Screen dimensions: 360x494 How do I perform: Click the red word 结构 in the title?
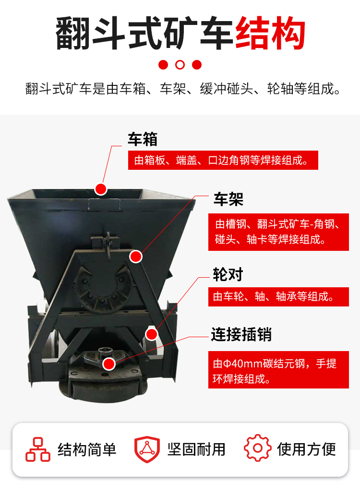[270, 34]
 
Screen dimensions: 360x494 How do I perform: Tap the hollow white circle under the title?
[180, 65]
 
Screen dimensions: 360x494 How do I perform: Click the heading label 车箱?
[143, 139]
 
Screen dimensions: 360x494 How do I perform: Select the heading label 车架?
[228, 199]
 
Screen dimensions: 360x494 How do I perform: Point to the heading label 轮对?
[228, 274]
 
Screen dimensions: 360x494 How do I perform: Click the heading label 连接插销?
[241, 334]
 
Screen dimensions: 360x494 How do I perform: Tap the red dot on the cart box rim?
[101, 189]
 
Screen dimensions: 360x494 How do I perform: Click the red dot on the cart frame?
[136, 257]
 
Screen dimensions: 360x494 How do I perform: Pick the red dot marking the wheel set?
[152, 334]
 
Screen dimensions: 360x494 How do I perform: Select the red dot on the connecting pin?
[109, 364]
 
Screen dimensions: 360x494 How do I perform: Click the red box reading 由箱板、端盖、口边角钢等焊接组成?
[223, 160]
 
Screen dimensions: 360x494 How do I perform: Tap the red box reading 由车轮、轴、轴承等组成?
[278, 296]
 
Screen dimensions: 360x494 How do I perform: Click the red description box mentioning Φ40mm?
[278, 370]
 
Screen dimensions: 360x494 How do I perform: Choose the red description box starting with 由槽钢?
[278, 232]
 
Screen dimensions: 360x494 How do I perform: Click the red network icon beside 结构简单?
[38, 449]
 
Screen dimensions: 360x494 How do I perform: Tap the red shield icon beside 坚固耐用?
[147, 449]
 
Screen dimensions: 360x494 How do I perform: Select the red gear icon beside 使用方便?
[257, 448]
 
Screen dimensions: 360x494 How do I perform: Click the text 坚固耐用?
[196, 449]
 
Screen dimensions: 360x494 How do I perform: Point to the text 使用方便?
[306, 449]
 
